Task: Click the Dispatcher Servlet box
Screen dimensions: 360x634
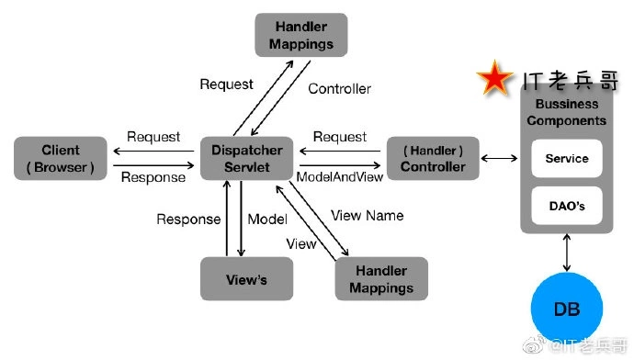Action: coord(247,158)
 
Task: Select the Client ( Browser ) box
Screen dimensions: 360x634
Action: coord(61,158)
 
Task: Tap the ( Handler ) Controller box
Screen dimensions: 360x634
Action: coord(433,158)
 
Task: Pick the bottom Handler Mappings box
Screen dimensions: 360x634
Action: coord(380,279)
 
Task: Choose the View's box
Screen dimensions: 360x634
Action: coord(245,279)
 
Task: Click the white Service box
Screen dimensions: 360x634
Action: coord(566,159)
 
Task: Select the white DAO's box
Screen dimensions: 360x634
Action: coord(566,205)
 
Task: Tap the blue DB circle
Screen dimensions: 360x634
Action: coord(566,309)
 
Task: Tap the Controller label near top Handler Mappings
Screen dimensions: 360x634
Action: coord(339,89)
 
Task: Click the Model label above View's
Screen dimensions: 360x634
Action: coord(267,219)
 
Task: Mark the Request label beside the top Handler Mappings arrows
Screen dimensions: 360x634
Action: coord(226,84)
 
